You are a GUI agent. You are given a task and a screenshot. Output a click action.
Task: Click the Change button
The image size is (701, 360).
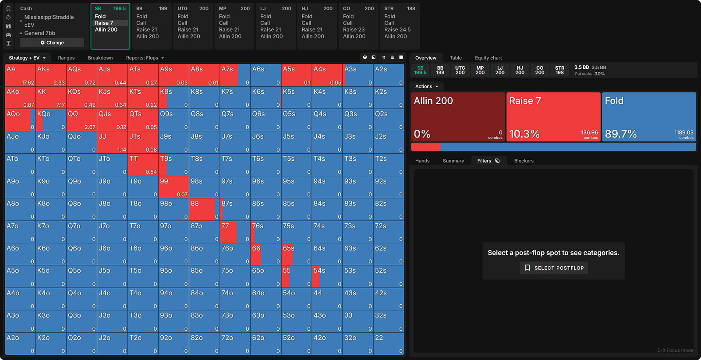(52, 42)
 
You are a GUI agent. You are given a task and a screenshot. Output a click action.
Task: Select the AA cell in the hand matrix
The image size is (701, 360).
(20, 75)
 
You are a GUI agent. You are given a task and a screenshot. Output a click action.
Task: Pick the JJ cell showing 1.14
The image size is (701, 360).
(112, 142)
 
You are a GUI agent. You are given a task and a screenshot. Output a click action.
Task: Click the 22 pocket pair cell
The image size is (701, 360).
(389, 344)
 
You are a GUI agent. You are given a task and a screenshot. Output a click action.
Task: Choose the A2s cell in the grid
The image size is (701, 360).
(389, 75)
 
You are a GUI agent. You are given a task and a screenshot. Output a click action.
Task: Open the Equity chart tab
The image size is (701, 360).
(488, 58)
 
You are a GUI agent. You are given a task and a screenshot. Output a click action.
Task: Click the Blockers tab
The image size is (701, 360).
(524, 161)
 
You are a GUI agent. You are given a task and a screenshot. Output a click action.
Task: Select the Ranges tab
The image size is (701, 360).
(66, 58)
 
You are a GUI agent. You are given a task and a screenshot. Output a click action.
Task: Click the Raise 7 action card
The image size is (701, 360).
(553, 116)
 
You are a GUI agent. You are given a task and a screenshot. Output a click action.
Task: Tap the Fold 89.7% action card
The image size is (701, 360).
(649, 116)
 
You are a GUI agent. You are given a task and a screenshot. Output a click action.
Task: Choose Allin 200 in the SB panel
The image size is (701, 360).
(106, 30)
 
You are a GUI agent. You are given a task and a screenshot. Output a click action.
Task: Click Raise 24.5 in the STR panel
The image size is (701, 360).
(397, 30)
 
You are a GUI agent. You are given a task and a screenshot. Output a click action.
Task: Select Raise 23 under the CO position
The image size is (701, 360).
(354, 30)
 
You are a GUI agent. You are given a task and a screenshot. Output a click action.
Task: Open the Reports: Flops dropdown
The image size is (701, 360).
(145, 58)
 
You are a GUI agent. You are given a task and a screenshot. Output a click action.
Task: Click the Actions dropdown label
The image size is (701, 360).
(426, 86)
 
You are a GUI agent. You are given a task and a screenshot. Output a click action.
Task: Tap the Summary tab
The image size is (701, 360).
(453, 161)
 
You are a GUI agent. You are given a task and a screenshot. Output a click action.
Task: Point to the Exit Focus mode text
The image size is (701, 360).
(675, 350)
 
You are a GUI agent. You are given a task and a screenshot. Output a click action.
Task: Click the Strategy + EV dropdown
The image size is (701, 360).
(27, 58)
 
